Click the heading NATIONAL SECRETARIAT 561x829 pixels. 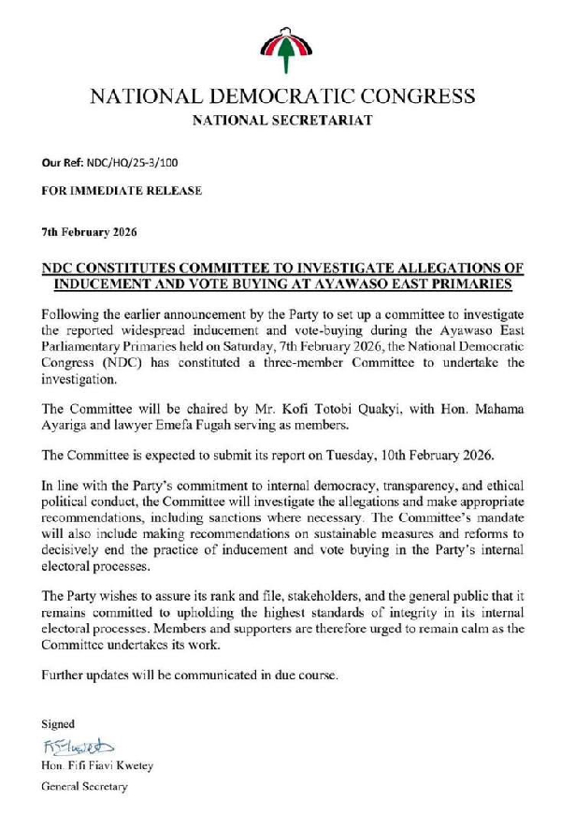[x=281, y=121]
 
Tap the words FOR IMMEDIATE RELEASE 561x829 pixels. [x=121, y=191]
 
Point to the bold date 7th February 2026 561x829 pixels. [x=89, y=231]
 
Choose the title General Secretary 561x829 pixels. [x=84, y=787]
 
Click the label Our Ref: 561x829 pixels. [x=61, y=162]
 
